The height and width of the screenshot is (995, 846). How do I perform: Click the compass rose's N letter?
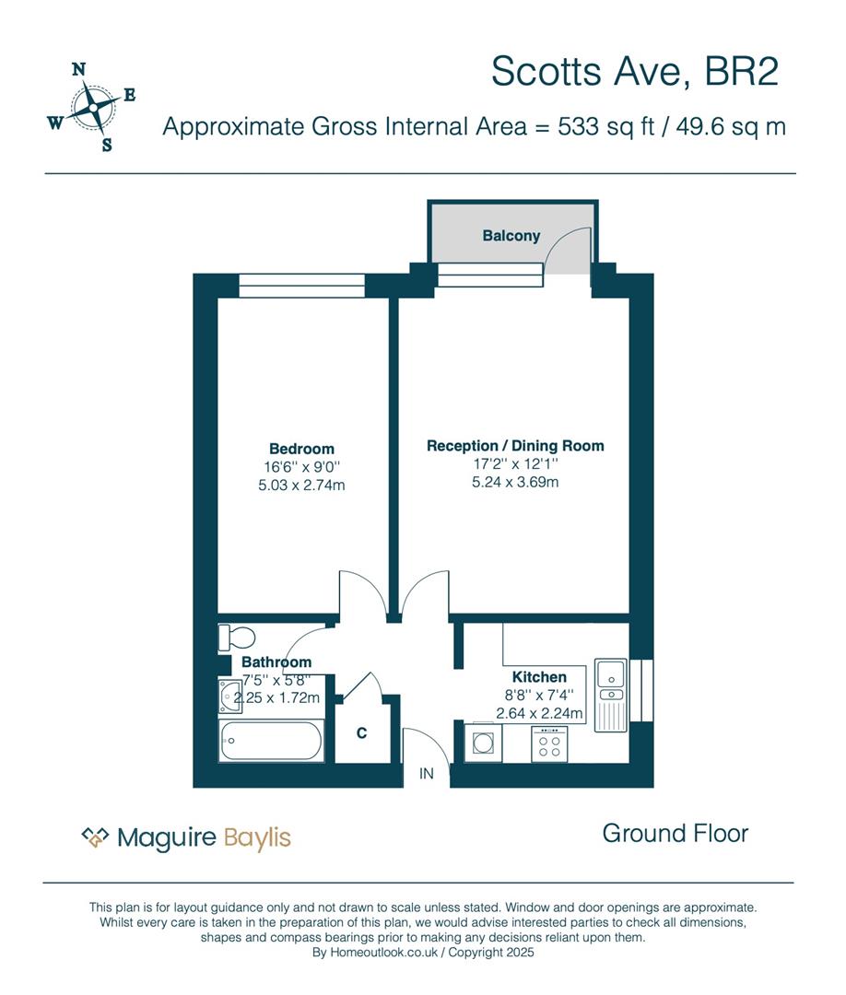coord(78,69)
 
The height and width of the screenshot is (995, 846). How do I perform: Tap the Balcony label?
coord(511,236)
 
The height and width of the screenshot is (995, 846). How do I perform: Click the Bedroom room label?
coord(301,449)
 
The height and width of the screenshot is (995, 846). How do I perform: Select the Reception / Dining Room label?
coord(515,446)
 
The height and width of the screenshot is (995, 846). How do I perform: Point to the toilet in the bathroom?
coord(236,638)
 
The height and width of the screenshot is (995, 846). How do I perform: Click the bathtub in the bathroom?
coord(271,740)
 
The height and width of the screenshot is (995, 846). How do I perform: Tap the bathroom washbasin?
coord(229,696)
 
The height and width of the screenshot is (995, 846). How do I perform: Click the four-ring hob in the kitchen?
coord(549,744)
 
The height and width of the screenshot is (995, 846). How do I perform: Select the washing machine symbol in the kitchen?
coord(483,742)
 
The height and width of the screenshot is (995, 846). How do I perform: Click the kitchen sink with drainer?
coord(611,696)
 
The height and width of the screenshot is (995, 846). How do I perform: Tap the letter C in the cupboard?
coord(362,733)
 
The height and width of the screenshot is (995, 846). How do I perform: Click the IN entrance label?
coord(427,774)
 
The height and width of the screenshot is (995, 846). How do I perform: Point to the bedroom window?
coord(302,286)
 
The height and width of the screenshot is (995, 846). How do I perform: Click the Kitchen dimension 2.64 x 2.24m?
coord(539,713)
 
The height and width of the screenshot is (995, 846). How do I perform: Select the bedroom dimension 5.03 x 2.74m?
coord(301,486)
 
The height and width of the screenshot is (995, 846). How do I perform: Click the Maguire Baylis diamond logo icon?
coord(95,837)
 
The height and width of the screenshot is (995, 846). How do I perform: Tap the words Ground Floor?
coord(676,833)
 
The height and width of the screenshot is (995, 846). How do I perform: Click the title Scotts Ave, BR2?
coord(635,71)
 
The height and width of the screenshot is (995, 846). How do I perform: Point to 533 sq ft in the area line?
coord(606,126)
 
